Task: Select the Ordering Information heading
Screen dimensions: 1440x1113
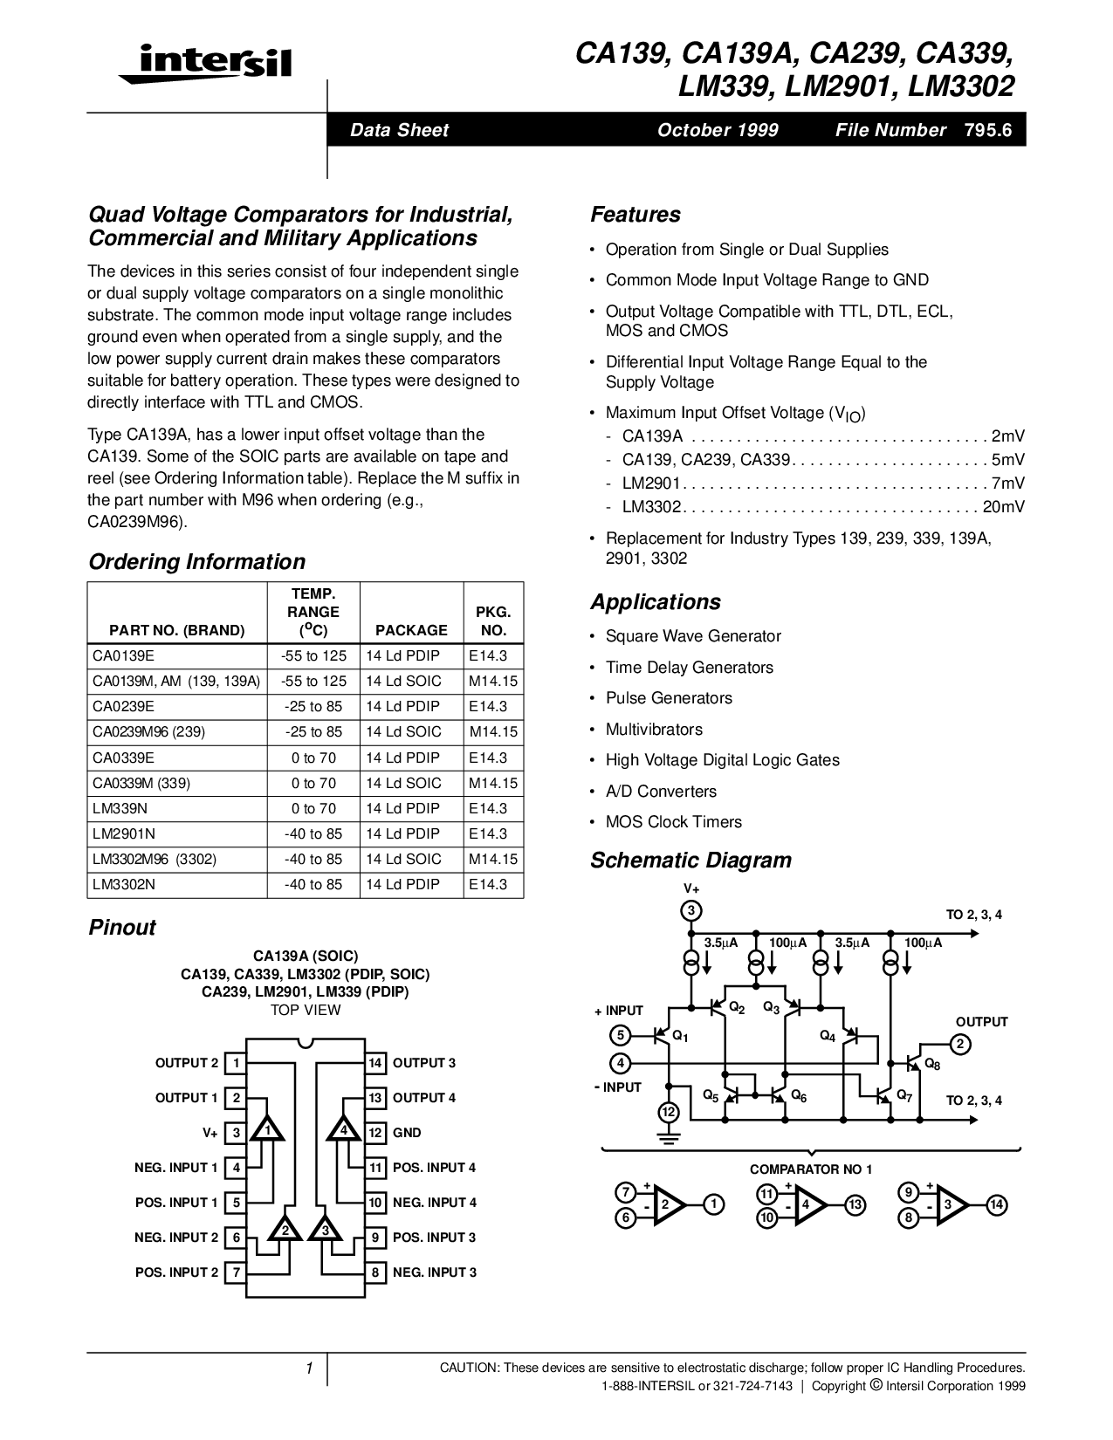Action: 196,562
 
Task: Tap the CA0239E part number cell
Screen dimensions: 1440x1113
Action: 123,706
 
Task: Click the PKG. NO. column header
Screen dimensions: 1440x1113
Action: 493,621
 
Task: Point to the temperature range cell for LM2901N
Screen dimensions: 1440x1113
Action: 313,833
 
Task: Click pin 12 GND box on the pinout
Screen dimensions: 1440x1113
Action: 375,1133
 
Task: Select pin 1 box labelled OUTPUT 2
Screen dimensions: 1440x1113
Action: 236,1063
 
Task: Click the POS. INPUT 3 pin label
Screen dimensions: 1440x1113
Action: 434,1238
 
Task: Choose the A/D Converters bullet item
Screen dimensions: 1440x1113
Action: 661,792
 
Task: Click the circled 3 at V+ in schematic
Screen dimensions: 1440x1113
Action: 690,911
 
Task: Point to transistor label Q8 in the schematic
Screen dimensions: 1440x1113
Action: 932,1064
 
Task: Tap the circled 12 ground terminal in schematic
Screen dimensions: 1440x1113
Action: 668,1113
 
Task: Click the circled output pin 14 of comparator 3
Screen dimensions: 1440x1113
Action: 997,1205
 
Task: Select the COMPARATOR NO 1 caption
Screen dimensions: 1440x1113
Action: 811,1169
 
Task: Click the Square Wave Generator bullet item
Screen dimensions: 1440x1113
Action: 693,636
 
